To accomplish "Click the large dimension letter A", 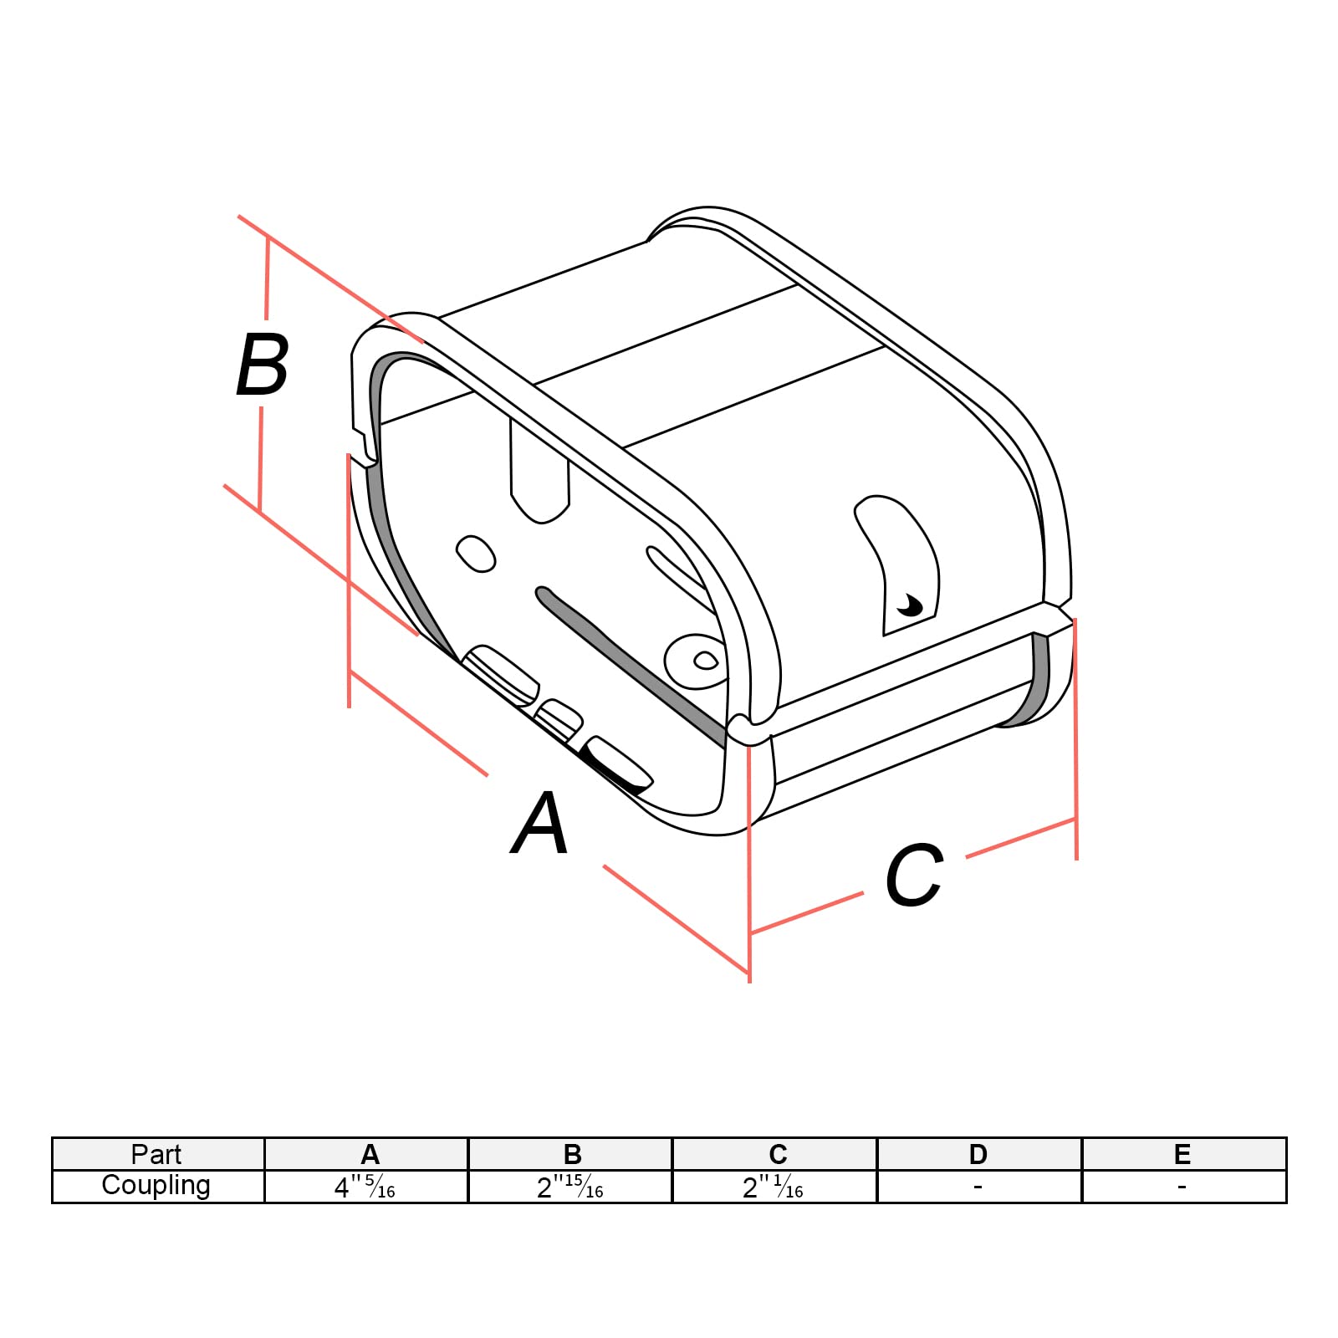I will [541, 824].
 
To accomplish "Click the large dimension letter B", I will [263, 365].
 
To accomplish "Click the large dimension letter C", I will [914, 876].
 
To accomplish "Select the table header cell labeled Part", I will [156, 1155].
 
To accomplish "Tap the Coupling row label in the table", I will [156, 1186].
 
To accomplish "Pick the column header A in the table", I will [370, 1155].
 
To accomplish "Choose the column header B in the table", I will [572, 1155].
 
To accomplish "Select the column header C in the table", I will [778, 1155].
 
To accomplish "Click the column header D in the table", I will [978, 1155].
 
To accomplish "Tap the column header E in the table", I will [1182, 1155].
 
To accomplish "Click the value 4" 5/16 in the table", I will [365, 1187].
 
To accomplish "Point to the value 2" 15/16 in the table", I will [569, 1187].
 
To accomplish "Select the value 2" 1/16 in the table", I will [773, 1187].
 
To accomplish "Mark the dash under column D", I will [978, 1186].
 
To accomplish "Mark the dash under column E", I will [1182, 1186].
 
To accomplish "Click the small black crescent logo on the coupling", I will [908, 603].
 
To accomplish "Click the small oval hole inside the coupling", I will [476, 554].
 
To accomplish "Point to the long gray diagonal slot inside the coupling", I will [627, 661].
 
